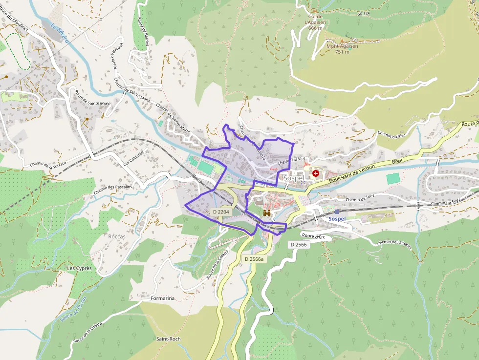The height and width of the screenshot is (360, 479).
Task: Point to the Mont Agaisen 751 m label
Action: [342, 49]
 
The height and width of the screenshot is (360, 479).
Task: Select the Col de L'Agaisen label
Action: [314, 21]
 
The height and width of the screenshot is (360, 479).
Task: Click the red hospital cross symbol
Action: [316, 173]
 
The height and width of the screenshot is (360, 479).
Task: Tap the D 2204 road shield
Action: [221, 212]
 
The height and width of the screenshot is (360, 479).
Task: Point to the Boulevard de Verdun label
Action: [352, 173]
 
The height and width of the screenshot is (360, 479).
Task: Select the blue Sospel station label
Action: [337, 218]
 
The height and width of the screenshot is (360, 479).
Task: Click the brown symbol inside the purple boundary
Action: [267, 213]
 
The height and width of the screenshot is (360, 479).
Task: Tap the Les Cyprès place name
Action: [79, 269]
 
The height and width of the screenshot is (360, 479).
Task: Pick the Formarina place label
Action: [163, 298]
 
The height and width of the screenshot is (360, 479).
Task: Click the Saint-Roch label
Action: [168, 339]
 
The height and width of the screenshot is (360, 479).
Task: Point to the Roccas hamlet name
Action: [117, 236]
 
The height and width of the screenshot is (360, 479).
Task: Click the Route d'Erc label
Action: [314, 236]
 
